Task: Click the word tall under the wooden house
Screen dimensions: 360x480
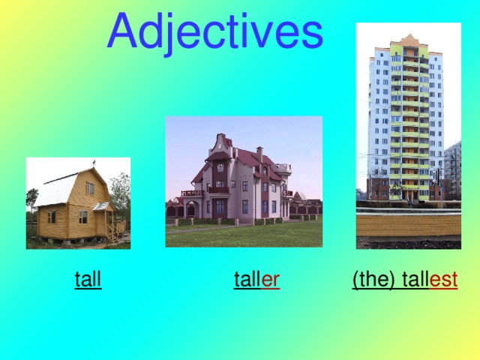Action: point(88,280)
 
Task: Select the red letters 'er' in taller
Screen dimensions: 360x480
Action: point(271,280)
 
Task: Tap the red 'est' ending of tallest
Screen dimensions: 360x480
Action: point(444,280)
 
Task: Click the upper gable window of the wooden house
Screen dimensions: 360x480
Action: point(89,187)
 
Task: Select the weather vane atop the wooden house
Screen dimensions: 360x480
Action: point(93,163)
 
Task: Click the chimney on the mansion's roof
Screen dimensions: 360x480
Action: point(259,154)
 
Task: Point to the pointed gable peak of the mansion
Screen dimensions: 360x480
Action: point(220,138)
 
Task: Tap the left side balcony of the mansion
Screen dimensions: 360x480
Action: point(192,193)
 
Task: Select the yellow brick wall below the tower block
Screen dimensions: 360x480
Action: point(408,224)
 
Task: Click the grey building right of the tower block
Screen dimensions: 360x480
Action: point(452,169)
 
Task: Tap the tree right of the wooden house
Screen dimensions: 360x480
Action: point(120,191)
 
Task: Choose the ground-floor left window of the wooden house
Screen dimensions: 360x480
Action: point(52,217)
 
